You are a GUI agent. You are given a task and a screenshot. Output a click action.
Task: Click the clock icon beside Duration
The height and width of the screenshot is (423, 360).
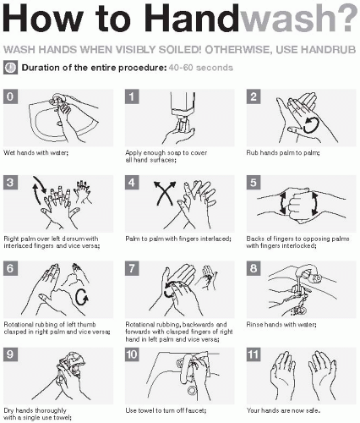point(11,68)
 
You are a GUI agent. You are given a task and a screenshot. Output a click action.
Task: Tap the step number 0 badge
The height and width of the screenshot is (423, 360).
point(10,96)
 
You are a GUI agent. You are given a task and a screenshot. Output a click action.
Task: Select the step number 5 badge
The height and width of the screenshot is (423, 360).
point(254,183)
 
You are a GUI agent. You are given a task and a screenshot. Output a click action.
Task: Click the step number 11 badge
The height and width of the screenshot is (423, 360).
point(254,354)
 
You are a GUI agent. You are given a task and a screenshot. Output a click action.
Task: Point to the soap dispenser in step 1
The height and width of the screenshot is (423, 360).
point(183,107)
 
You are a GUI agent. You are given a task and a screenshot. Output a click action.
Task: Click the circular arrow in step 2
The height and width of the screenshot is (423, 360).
point(311,124)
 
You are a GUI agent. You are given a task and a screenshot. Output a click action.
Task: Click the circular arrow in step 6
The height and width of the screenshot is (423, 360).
point(82,297)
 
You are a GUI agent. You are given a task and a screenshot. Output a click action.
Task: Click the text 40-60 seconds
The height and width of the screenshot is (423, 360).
point(201,68)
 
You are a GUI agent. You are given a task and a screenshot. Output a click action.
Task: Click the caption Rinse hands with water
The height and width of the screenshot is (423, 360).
point(281,325)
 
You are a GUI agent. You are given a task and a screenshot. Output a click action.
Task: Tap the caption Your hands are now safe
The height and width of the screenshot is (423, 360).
point(283,410)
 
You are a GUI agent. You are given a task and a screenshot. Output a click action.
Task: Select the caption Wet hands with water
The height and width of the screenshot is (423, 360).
point(36,153)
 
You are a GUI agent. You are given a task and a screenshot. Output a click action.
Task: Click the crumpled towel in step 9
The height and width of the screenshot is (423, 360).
point(72,363)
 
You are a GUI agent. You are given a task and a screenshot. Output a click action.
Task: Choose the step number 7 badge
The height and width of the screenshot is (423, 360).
point(132,268)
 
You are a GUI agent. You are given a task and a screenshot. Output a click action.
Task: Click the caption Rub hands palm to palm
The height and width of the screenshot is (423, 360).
point(283,153)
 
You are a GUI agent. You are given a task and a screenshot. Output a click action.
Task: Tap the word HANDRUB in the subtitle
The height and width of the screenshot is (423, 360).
point(329,50)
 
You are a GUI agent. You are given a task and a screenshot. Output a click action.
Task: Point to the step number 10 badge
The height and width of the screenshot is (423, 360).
point(132,354)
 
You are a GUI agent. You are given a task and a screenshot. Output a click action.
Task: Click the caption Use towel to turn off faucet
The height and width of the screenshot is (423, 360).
point(166,410)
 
